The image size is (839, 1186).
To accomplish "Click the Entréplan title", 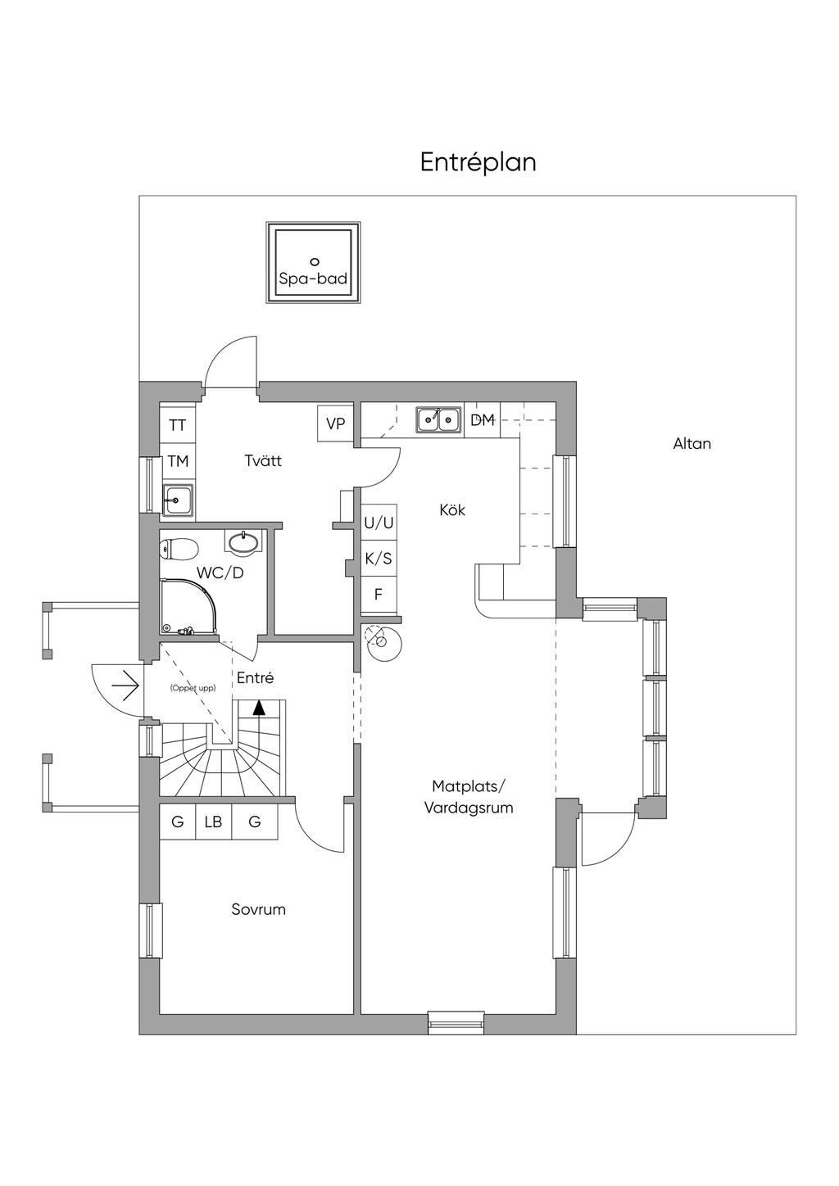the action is click(478, 162).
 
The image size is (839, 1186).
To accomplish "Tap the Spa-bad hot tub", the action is click(313, 263).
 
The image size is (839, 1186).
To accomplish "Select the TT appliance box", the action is click(178, 425).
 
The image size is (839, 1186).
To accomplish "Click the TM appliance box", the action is click(178, 461).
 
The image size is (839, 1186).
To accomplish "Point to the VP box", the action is click(335, 423).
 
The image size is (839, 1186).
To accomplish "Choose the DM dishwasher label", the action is click(483, 420).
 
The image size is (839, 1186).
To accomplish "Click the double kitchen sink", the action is click(438, 420).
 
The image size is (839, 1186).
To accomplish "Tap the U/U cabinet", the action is click(379, 523).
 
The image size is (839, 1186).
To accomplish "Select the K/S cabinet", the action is click(379, 558).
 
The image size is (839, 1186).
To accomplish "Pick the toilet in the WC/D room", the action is click(179, 549).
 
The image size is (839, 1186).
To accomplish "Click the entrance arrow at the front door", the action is click(125, 687).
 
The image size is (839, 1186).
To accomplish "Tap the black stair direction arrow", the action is click(258, 708).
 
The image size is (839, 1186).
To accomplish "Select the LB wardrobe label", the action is click(214, 822).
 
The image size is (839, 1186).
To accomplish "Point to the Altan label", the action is click(692, 444).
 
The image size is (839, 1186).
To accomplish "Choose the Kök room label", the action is click(452, 510).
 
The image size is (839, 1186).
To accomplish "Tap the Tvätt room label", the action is click(263, 460).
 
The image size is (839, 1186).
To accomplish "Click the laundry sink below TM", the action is click(178, 500).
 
